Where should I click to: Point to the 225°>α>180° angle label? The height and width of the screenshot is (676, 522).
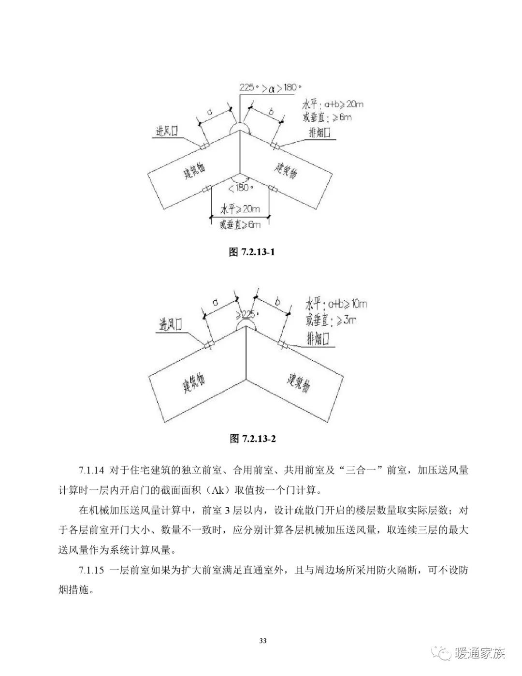[x=270, y=88]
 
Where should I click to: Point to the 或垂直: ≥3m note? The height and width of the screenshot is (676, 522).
[x=331, y=320]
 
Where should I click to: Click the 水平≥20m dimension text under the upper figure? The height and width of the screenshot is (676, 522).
[x=240, y=209]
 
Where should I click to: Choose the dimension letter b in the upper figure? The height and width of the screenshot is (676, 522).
[x=271, y=112]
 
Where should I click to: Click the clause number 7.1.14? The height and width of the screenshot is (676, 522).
[x=91, y=470]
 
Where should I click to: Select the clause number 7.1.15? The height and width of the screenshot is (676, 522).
[x=91, y=570]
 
